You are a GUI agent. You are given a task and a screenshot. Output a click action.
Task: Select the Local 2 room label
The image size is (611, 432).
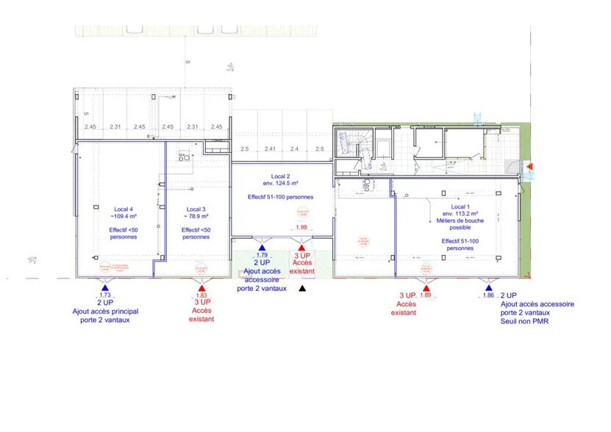click(x=279, y=176)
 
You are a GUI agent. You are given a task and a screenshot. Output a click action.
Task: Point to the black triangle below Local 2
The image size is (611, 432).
click(x=301, y=287)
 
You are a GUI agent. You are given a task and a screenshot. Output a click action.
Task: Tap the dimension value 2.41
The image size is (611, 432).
click(x=270, y=149)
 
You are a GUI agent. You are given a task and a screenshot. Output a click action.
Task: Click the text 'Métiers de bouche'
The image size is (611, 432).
click(x=458, y=221)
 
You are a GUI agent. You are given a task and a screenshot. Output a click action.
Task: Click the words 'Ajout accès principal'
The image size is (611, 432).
click(x=106, y=311)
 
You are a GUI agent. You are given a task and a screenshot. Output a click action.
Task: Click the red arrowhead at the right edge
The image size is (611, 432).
click(x=529, y=168)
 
